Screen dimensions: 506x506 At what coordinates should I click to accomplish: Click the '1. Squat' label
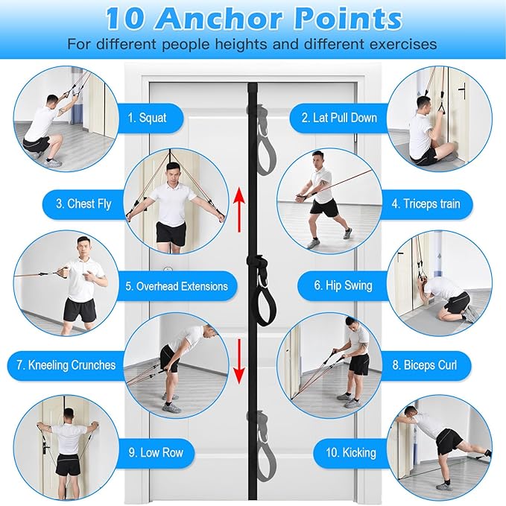click(x=147, y=117)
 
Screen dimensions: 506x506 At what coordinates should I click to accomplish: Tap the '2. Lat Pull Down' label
click(x=339, y=118)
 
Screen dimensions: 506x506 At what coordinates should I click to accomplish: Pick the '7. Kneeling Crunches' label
click(x=72, y=365)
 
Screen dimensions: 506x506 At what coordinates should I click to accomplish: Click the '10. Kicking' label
click(x=350, y=452)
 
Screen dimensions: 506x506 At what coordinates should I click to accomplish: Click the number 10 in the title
click(x=127, y=17)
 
